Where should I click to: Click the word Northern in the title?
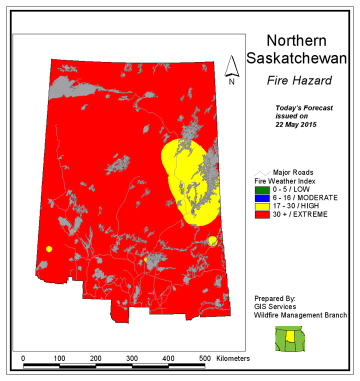[296, 41]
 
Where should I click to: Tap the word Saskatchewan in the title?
[296, 58]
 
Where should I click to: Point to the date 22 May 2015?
[297, 123]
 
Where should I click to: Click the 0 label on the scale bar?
[23, 358]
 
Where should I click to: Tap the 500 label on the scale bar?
[204, 358]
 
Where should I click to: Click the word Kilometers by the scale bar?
[233, 358]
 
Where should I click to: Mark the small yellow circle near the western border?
[49, 249]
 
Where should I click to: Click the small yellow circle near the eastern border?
[212, 241]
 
